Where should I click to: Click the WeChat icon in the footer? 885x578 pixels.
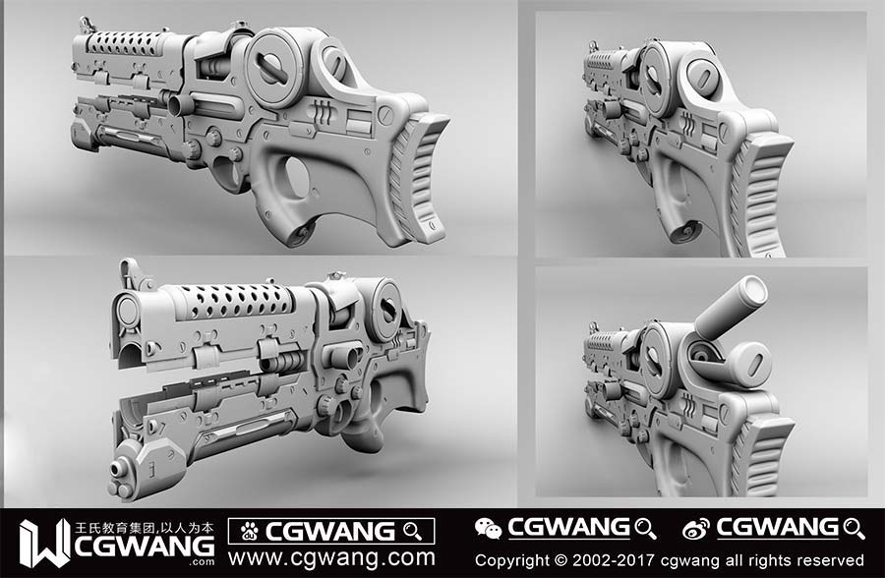tap(488, 528)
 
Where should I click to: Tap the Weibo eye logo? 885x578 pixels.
tap(696, 529)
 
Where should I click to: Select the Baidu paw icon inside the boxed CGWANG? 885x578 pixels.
tap(249, 531)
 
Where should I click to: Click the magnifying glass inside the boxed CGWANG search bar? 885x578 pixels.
tap(413, 531)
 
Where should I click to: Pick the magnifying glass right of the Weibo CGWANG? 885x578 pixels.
tap(854, 528)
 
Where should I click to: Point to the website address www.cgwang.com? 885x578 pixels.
tap(332, 557)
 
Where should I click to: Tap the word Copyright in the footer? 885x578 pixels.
tap(511, 560)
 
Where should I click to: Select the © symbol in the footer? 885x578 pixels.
tap(560, 560)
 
